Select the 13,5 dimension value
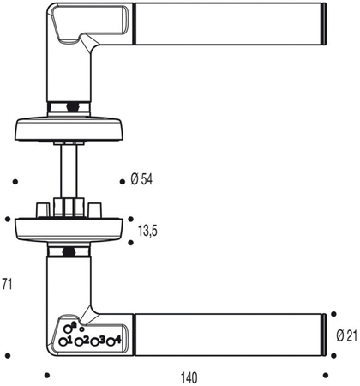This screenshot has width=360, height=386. point(149,230)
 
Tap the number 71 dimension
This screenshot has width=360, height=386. point(6,284)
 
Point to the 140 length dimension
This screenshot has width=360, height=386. point(189,377)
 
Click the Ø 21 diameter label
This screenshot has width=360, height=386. point(346,335)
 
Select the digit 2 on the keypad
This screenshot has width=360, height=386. point(87,341)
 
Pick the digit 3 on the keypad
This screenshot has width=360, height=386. point(103,341)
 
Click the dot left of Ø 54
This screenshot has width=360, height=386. point(124,181)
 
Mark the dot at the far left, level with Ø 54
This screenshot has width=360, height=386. point(16,181)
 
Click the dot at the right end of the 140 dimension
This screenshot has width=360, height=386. point(325,375)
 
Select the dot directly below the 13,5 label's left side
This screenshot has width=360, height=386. point(130,243)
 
